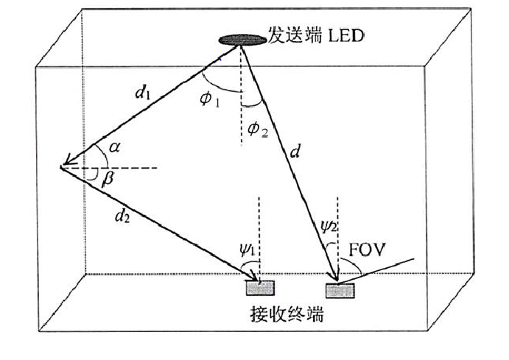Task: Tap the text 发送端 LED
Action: [x=315, y=35]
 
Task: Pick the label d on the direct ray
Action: [x=295, y=152]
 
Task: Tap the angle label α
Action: [x=113, y=147]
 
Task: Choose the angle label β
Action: [x=107, y=182]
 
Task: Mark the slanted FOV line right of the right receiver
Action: [x=383, y=269]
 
